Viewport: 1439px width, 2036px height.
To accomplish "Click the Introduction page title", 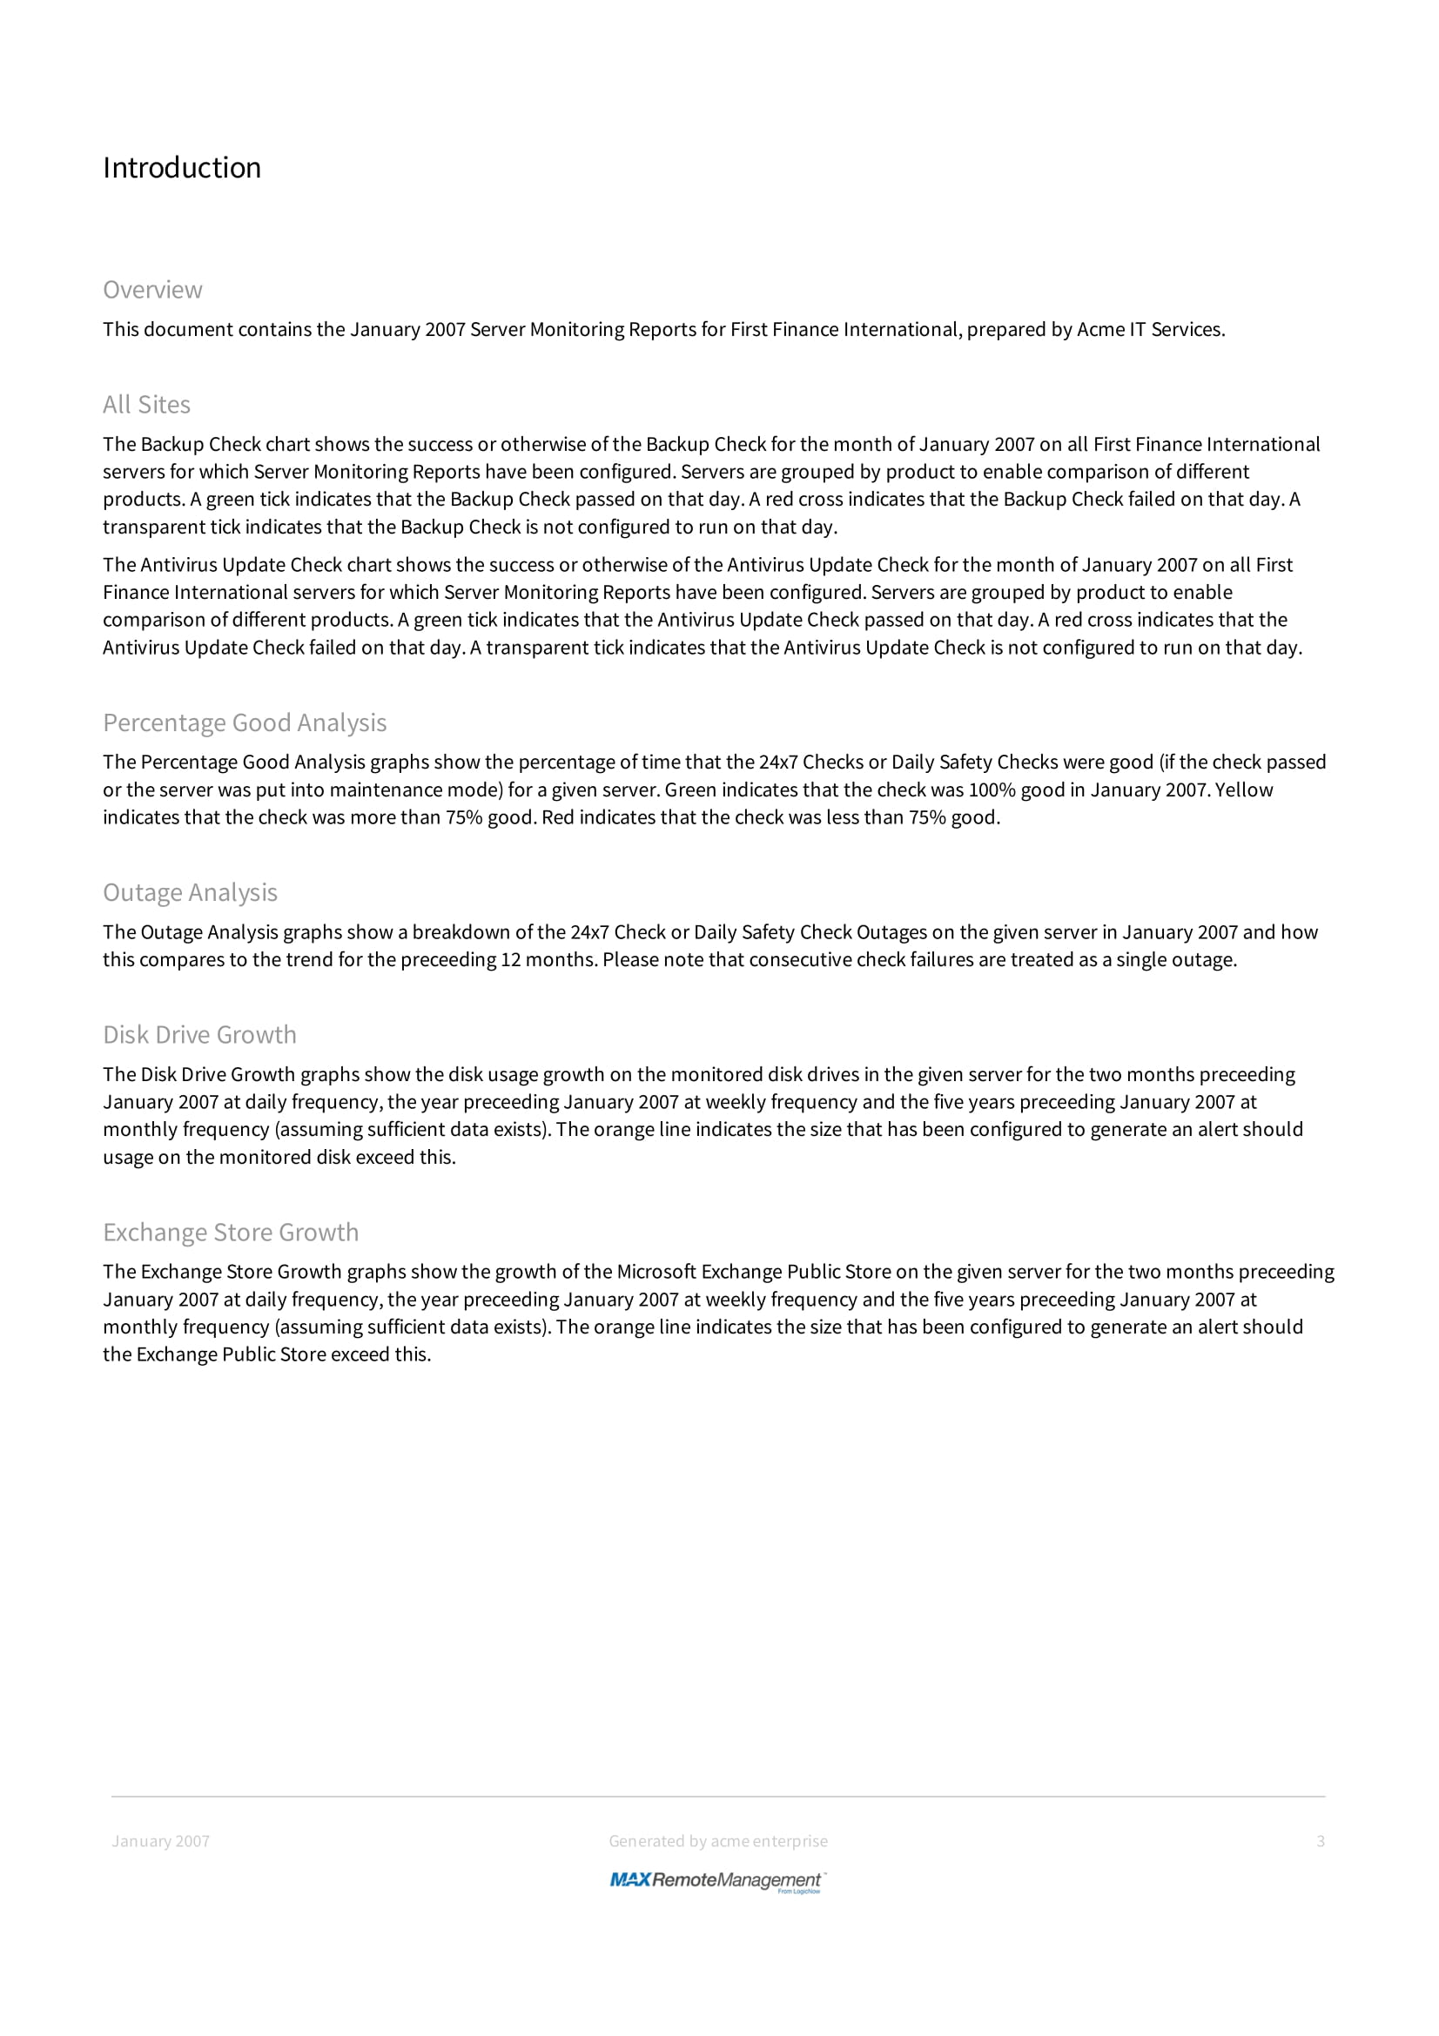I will click(x=182, y=168).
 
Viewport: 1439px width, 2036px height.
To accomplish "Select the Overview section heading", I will click(x=152, y=290).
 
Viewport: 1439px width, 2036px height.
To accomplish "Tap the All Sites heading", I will click(x=146, y=405).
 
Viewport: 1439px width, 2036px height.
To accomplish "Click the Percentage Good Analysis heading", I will click(x=245, y=722).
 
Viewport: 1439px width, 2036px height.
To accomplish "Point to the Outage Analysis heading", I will click(x=190, y=892).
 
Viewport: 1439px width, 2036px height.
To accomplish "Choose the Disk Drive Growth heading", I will click(x=199, y=1035).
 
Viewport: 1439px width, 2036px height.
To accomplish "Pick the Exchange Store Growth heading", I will click(x=231, y=1233).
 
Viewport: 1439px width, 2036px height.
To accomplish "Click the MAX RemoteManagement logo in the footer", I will click(x=718, y=1880).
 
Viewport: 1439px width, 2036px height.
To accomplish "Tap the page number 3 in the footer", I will click(x=1321, y=1841).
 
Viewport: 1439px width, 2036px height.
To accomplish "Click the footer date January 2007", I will click(x=160, y=1841).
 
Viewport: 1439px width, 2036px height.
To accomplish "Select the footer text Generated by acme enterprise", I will click(x=718, y=1841).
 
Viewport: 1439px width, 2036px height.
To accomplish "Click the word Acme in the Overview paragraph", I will click(x=1099, y=330).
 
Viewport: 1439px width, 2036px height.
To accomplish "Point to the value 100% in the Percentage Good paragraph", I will click(x=992, y=790).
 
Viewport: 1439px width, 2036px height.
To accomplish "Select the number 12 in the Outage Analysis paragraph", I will click(x=510, y=960).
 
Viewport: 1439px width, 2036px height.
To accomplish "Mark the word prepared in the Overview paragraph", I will click(x=1006, y=330).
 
